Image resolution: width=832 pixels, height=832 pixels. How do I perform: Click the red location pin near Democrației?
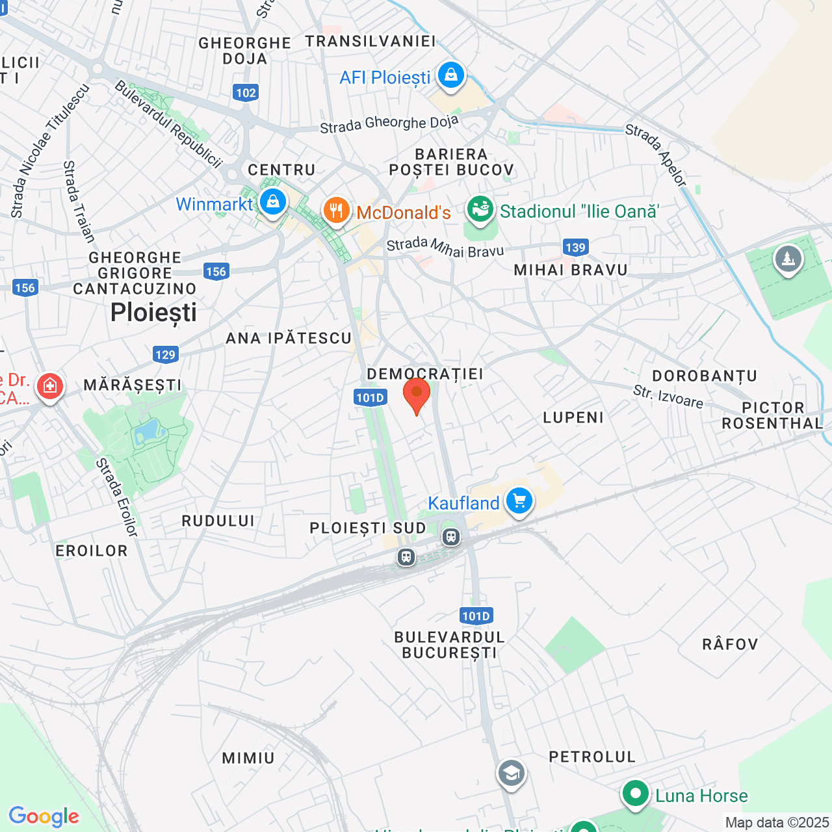417,394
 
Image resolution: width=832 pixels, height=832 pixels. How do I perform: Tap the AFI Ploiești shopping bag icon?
450,75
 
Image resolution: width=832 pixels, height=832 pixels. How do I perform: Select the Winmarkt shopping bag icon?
273,203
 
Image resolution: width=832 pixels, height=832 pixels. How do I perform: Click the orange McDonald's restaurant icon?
336,211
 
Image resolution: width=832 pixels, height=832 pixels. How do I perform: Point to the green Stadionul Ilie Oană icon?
480,210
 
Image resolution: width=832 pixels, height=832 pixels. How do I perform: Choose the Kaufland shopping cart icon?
519,501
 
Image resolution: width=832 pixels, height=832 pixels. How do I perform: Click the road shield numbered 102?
246,92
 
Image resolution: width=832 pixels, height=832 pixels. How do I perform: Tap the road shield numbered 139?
575,247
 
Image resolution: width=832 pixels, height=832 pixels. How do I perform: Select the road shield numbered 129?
165,354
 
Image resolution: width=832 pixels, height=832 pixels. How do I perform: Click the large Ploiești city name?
153,313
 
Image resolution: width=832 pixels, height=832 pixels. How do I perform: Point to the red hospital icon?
50,386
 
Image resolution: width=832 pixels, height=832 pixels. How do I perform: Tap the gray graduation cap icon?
512,773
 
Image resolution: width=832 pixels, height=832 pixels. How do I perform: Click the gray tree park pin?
788,259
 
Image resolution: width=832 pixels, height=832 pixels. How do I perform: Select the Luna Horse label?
701,796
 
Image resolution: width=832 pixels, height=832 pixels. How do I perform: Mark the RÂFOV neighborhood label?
730,644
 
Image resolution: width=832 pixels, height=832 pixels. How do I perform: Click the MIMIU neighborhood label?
248,758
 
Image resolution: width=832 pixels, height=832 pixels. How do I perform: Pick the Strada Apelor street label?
656,155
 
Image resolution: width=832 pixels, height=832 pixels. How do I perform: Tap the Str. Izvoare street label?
668,396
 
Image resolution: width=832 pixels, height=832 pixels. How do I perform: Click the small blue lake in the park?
148,430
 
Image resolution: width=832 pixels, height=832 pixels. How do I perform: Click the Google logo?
44,816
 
